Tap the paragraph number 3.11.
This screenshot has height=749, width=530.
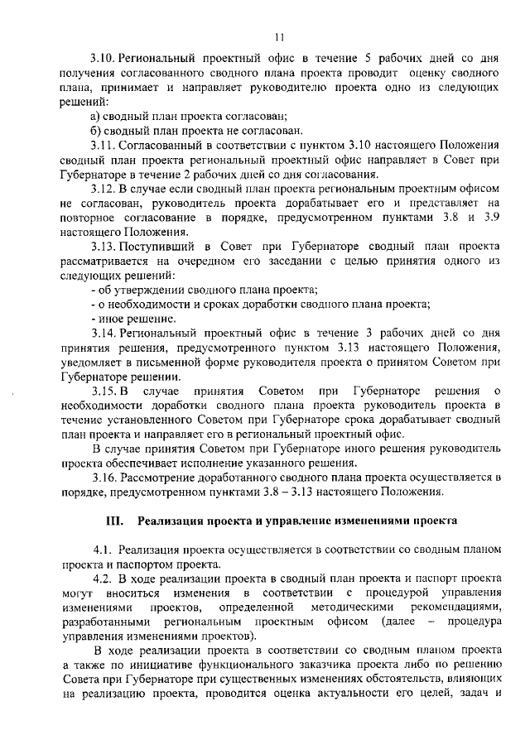(x=105, y=146)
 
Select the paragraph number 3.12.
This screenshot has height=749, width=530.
(x=105, y=190)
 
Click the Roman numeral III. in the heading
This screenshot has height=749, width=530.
(x=114, y=521)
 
